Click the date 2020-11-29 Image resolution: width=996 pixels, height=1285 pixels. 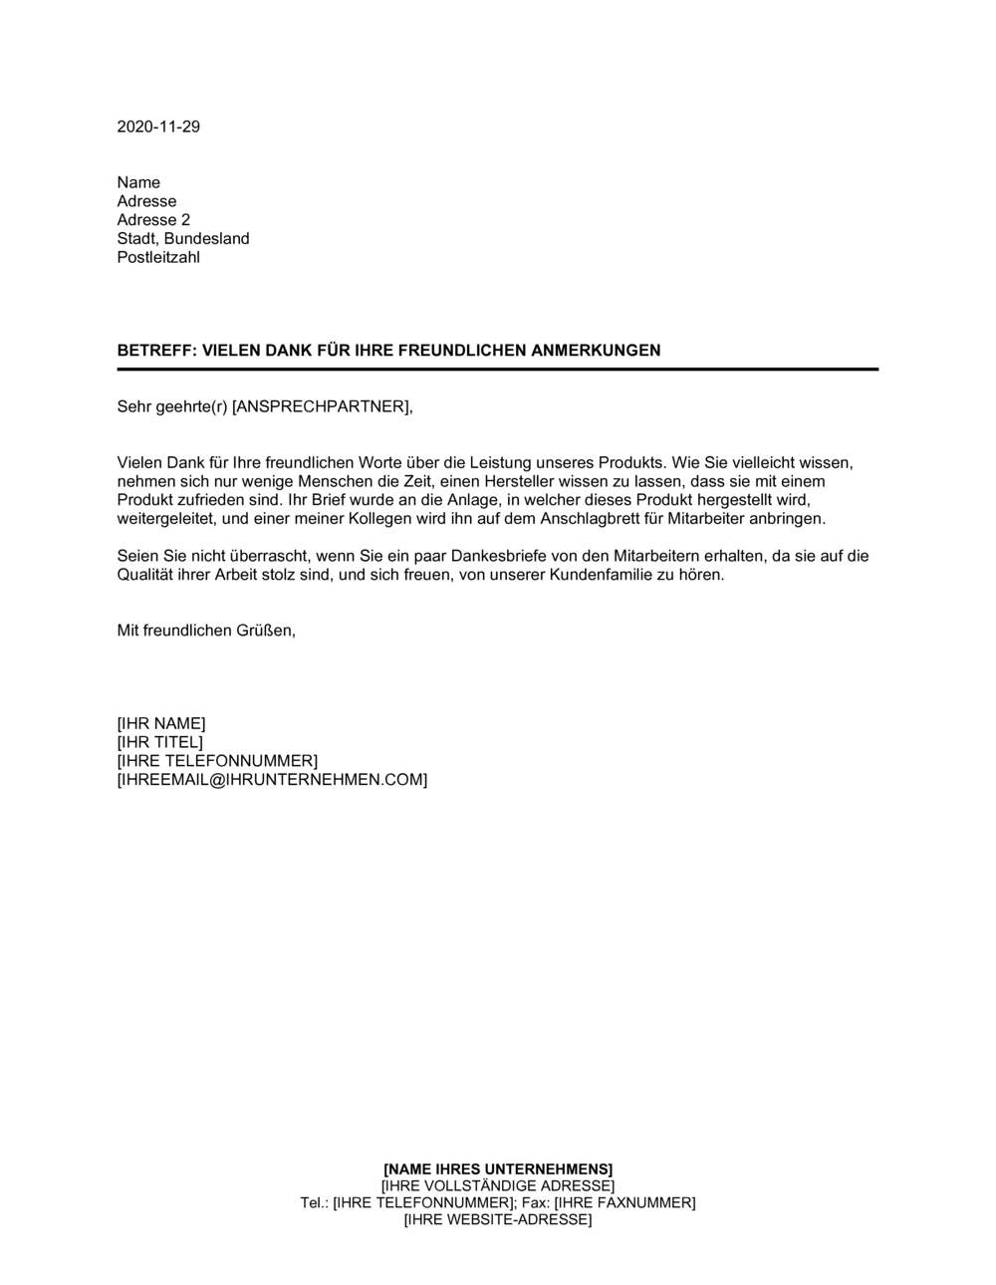(x=158, y=127)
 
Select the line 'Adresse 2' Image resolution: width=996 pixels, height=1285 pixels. (x=153, y=220)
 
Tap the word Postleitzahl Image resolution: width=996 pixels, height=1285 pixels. (x=158, y=257)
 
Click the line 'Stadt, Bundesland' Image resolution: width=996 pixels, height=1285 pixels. (x=183, y=239)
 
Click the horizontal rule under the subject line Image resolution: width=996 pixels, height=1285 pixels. (x=498, y=370)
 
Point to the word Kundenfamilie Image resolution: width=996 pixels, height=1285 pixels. (x=599, y=576)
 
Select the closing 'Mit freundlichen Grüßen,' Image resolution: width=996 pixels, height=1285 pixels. (x=206, y=631)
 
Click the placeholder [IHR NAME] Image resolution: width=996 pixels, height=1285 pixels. (x=161, y=723)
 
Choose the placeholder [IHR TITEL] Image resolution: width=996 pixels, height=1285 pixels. (x=159, y=742)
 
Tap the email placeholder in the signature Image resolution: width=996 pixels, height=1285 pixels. (x=272, y=780)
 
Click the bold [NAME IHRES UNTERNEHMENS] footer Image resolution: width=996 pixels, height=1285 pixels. (x=498, y=1168)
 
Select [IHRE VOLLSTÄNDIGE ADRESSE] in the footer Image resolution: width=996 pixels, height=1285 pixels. (x=498, y=1185)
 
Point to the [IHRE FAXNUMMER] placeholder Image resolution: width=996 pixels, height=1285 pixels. (x=624, y=1203)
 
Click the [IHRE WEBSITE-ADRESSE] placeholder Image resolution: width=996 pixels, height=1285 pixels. (x=498, y=1220)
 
